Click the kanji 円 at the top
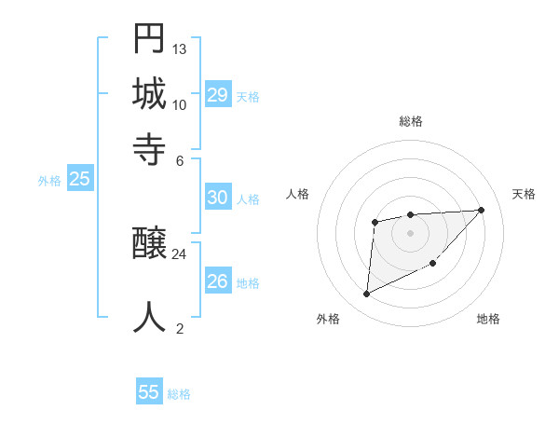tap(149, 40)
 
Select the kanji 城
tap(149, 94)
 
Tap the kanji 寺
tap(149, 148)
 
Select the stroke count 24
tap(180, 253)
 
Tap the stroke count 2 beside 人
tap(180, 327)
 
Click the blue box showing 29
tap(218, 94)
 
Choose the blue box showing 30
tap(217, 198)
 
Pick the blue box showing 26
tap(217, 281)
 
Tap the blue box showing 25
tap(79, 180)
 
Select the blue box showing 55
tap(149, 392)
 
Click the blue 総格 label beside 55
tap(179, 394)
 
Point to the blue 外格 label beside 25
tap(49, 182)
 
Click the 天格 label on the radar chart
tap(524, 194)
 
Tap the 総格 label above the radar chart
tap(411, 121)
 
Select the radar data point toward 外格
tap(367, 294)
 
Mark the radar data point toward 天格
tap(481, 210)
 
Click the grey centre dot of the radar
tap(410, 232)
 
